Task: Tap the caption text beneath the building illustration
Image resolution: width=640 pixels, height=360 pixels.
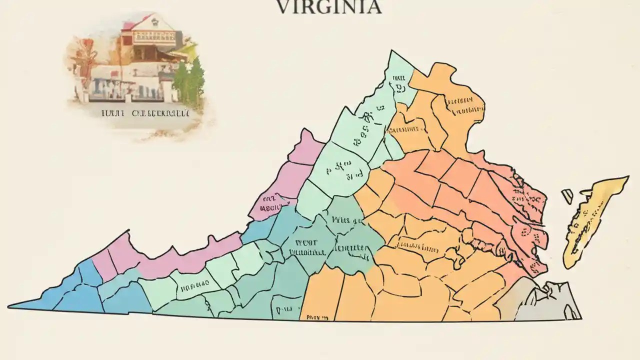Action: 145,113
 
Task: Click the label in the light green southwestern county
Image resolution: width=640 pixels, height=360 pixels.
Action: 193,287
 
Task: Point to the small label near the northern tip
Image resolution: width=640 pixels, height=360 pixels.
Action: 399,82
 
